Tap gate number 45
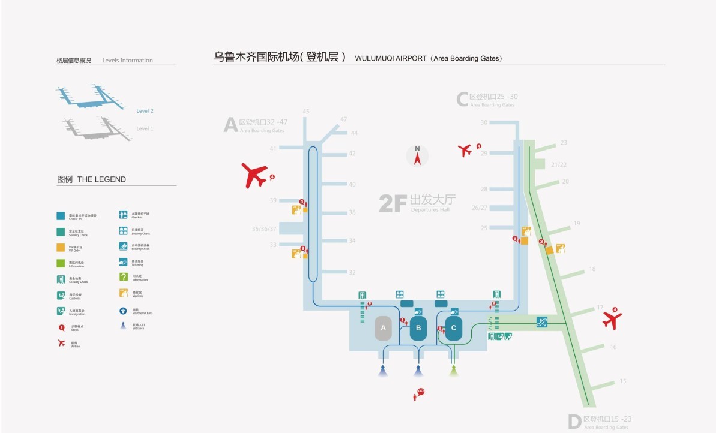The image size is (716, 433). (x=306, y=112)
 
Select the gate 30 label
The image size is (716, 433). (x=484, y=122)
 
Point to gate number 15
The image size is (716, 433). (x=623, y=381)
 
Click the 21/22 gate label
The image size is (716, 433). (x=559, y=164)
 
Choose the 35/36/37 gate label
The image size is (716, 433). (x=265, y=229)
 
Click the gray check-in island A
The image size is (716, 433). (x=383, y=328)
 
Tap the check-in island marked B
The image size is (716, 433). (x=418, y=328)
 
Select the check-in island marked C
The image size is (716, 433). (x=453, y=328)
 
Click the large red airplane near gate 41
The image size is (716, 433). (x=256, y=175)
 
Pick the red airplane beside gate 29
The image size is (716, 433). (x=465, y=150)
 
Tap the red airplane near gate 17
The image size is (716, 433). (x=612, y=320)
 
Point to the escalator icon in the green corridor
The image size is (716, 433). (x=542, y=322)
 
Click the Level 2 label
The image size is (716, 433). (x=145, y=111)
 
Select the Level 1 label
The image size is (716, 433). (x=145, y=128)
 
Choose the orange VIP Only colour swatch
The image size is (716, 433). (x=61, y=248)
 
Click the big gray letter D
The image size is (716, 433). (x=574, y=422)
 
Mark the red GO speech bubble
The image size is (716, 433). (x=421, y=392)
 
